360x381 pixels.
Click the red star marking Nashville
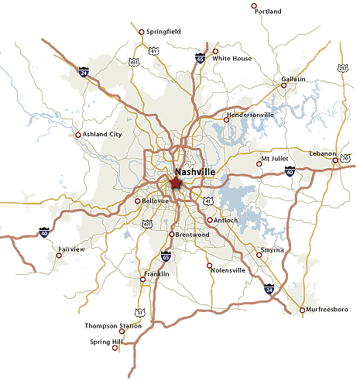pos(175,184)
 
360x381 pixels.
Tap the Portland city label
pos(268,12)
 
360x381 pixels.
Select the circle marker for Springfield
pos(140,32)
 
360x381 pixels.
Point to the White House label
pos(231,58)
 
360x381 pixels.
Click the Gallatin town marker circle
pos(283,85)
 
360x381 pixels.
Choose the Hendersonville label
pos(250,115)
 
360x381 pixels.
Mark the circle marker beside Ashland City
pos(78,135)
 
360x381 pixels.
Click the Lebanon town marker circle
pos(335,160)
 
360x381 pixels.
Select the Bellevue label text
pos(158,201)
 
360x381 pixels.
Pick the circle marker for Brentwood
pos(171,234)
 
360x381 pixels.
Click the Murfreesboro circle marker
pos(302,311)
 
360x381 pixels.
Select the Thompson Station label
pos(113,326)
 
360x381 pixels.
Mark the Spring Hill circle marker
pos(115,348)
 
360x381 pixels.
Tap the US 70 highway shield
pos(345,158)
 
